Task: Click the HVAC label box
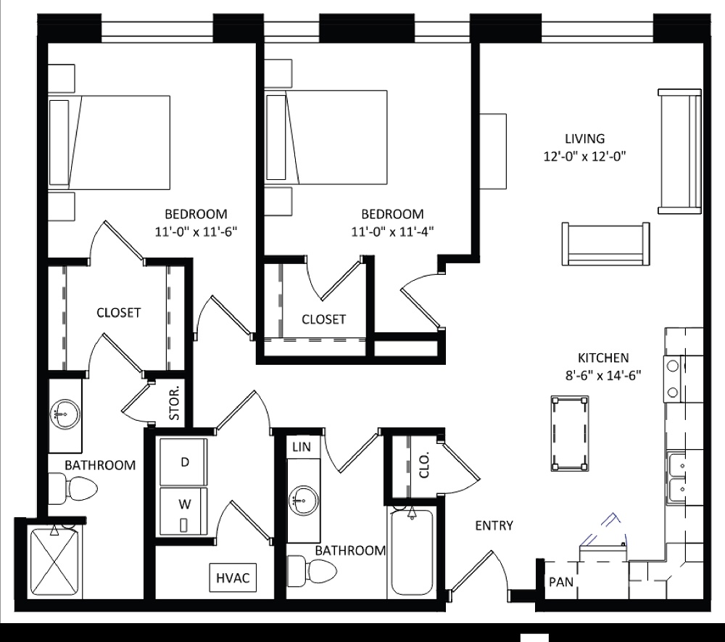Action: click(x=233, y=578)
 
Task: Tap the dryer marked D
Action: click(x=184, y=462)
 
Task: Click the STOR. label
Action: click(x=175, y=407)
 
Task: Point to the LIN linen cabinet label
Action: click(x=301, y=448)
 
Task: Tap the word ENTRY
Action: click(x=494, y=526)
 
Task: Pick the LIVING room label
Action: click(x=585, y=138)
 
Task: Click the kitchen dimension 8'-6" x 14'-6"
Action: click(x=602, y=375)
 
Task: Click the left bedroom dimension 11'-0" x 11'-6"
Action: click(x=196, y=233)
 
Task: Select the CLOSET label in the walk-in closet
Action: click(x=118, y=313)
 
